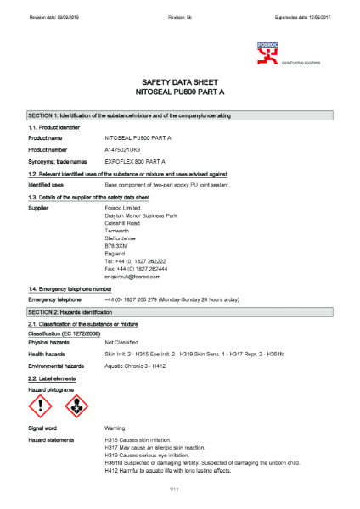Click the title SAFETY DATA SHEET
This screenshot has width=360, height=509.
coord(180,82)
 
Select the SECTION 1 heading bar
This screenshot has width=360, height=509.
coord(180,115)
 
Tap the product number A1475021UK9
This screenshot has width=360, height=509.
coord(130,149)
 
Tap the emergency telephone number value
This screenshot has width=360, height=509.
coord(172,299)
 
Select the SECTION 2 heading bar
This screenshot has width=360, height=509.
coord(180,313)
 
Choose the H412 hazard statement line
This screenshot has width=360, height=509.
coord(180,470)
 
